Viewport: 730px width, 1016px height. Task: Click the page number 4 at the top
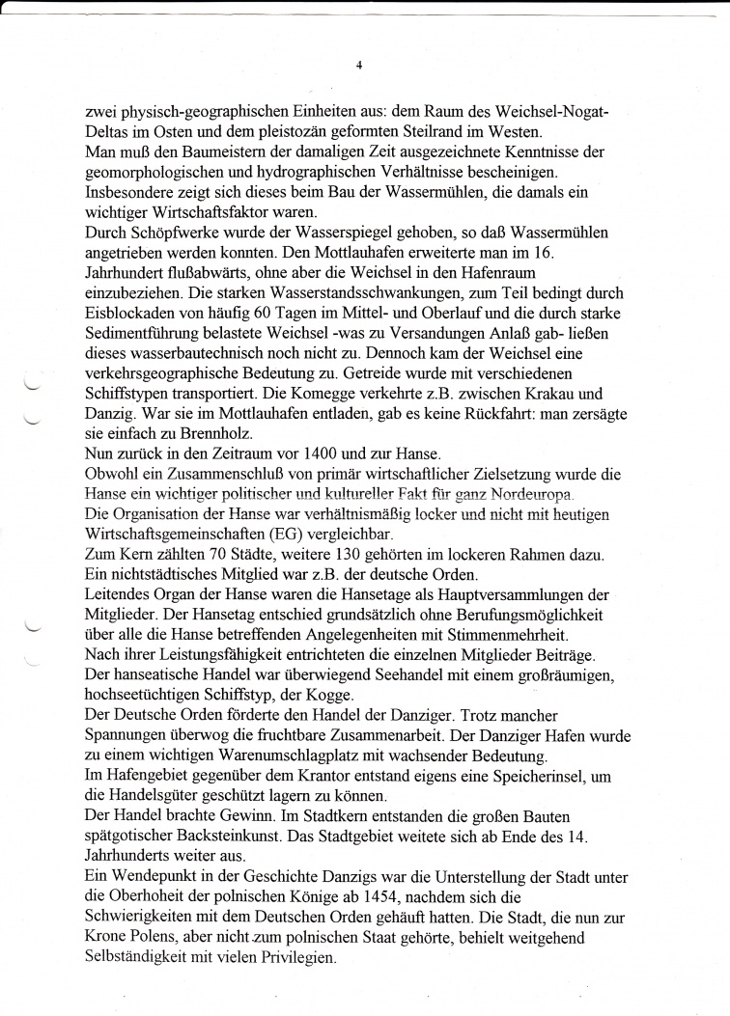point(358,66)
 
